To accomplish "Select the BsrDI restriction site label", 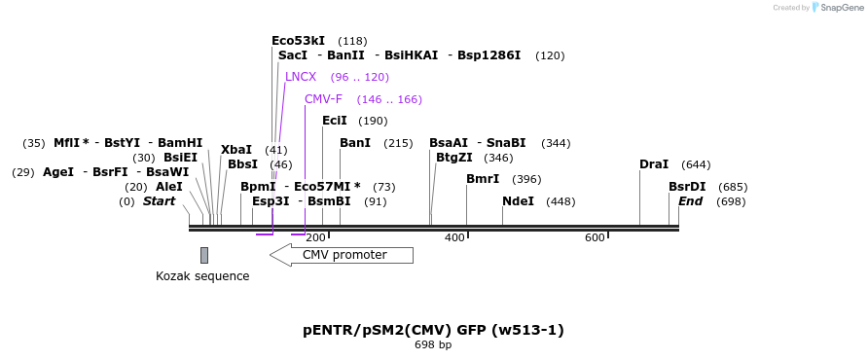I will pos(687,187).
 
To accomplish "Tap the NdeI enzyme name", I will pos(518,201).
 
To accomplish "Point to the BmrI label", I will pos(483,179).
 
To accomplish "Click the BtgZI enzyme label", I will pos(453,158).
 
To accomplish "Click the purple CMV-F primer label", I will pos(323,99).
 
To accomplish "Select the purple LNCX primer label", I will pos(301,77).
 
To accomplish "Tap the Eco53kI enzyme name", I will pos(298,41).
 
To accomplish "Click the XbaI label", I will pos(236,150).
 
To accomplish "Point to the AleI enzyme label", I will pos(169,187).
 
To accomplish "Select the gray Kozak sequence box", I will pos(204,255).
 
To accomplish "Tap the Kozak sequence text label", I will pos(202,276).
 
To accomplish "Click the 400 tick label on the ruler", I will pos(454,238).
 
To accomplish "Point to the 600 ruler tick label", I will pos(595,238).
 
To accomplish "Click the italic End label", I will pos(690,201).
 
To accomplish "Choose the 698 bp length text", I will pos(433,344).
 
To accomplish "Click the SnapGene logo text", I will pos(844,8).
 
